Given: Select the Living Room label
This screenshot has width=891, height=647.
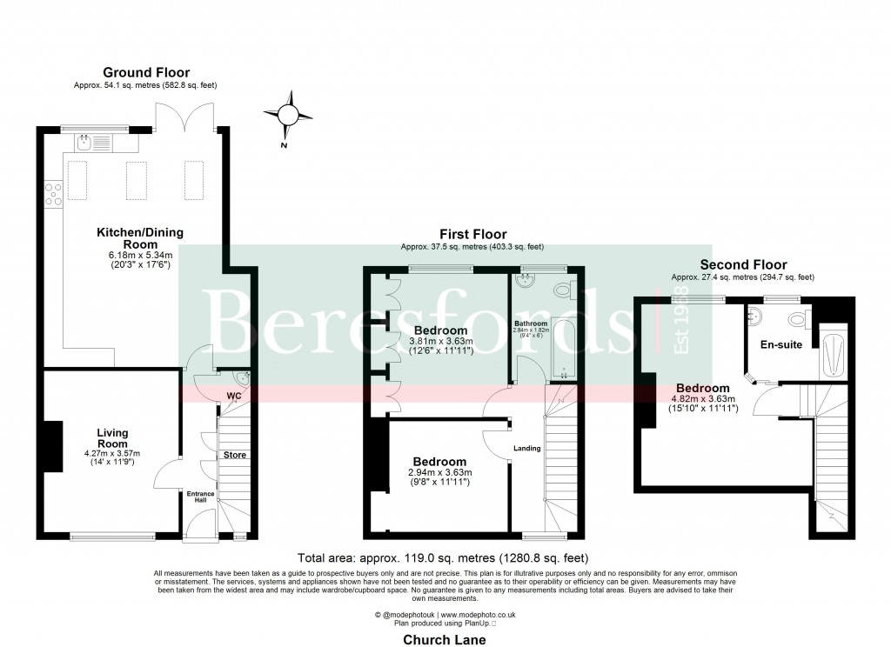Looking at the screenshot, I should tap(111, 437).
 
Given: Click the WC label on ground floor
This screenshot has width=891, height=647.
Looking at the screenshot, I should tap(233, 396).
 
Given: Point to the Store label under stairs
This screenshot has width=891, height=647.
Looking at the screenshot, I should tap(235, 455).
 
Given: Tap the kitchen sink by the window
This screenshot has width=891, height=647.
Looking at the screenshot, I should tap(84, 143).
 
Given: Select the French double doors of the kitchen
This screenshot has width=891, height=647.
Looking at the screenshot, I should tap(184, 117).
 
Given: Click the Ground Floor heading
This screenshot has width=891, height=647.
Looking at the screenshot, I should tap(146, 72).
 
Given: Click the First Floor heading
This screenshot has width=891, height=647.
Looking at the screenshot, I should tap(472, 234).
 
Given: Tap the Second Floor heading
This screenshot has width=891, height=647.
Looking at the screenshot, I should tap(743, 264).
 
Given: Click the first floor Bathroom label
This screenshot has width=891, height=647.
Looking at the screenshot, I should tap(530, 323).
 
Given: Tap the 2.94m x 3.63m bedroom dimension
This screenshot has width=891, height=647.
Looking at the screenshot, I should tap(439, 472).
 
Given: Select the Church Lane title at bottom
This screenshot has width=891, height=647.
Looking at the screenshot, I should tap(444, 639).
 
